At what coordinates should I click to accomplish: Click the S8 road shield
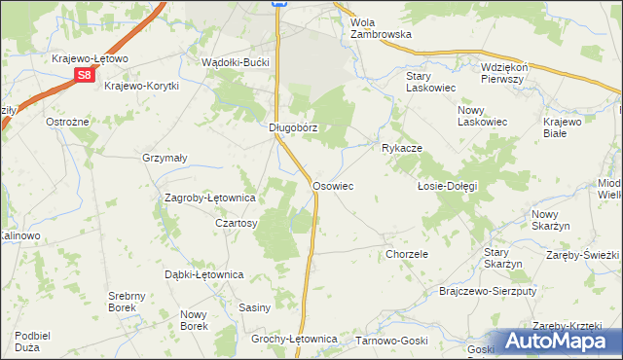[x=85, y=74]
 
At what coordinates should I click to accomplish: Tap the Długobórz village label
[x=294, y=127]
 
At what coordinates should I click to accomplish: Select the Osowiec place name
[x=332, y=185]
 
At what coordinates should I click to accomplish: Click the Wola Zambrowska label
[x=381, y=27]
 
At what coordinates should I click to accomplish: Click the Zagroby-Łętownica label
[x=209, y=198]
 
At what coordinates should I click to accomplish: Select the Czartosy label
[x=236, y=223]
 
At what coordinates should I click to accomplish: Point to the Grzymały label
[x=165, y=158]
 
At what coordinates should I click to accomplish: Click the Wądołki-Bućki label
[x=234, y=61]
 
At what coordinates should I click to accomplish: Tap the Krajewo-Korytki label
[x=142, y=86]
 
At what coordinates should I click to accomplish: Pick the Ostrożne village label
[x=68, y=123]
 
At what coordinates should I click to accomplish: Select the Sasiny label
[x=254, y=307]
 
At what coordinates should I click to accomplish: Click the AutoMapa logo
[x=556, y=341]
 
